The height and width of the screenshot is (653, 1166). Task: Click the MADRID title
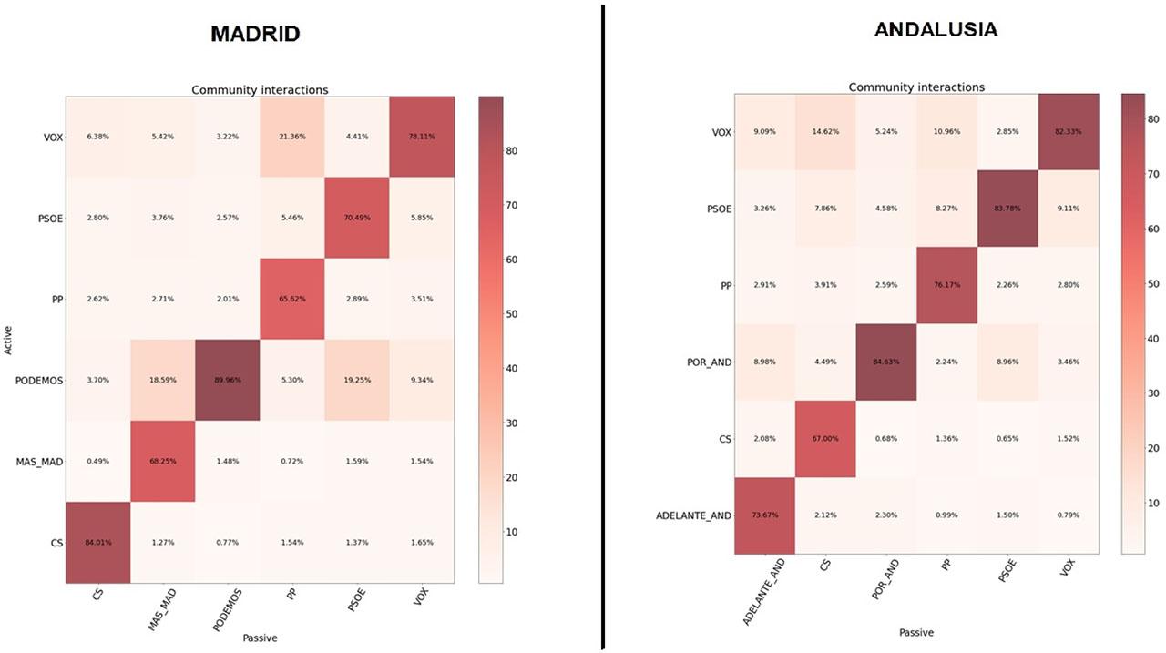pos(255,34)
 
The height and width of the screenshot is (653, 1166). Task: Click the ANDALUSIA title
pos(936,29)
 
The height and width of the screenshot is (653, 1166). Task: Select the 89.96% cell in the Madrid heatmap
pos(228,381)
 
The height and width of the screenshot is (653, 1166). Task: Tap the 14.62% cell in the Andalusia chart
pos(825,131)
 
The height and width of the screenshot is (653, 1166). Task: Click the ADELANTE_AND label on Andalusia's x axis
pos(761,591)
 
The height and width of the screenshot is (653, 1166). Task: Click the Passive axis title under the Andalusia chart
pos(915,632)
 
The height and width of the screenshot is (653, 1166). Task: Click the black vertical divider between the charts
pos(602,326)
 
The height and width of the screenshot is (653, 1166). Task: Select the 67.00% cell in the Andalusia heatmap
pos(825,438)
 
